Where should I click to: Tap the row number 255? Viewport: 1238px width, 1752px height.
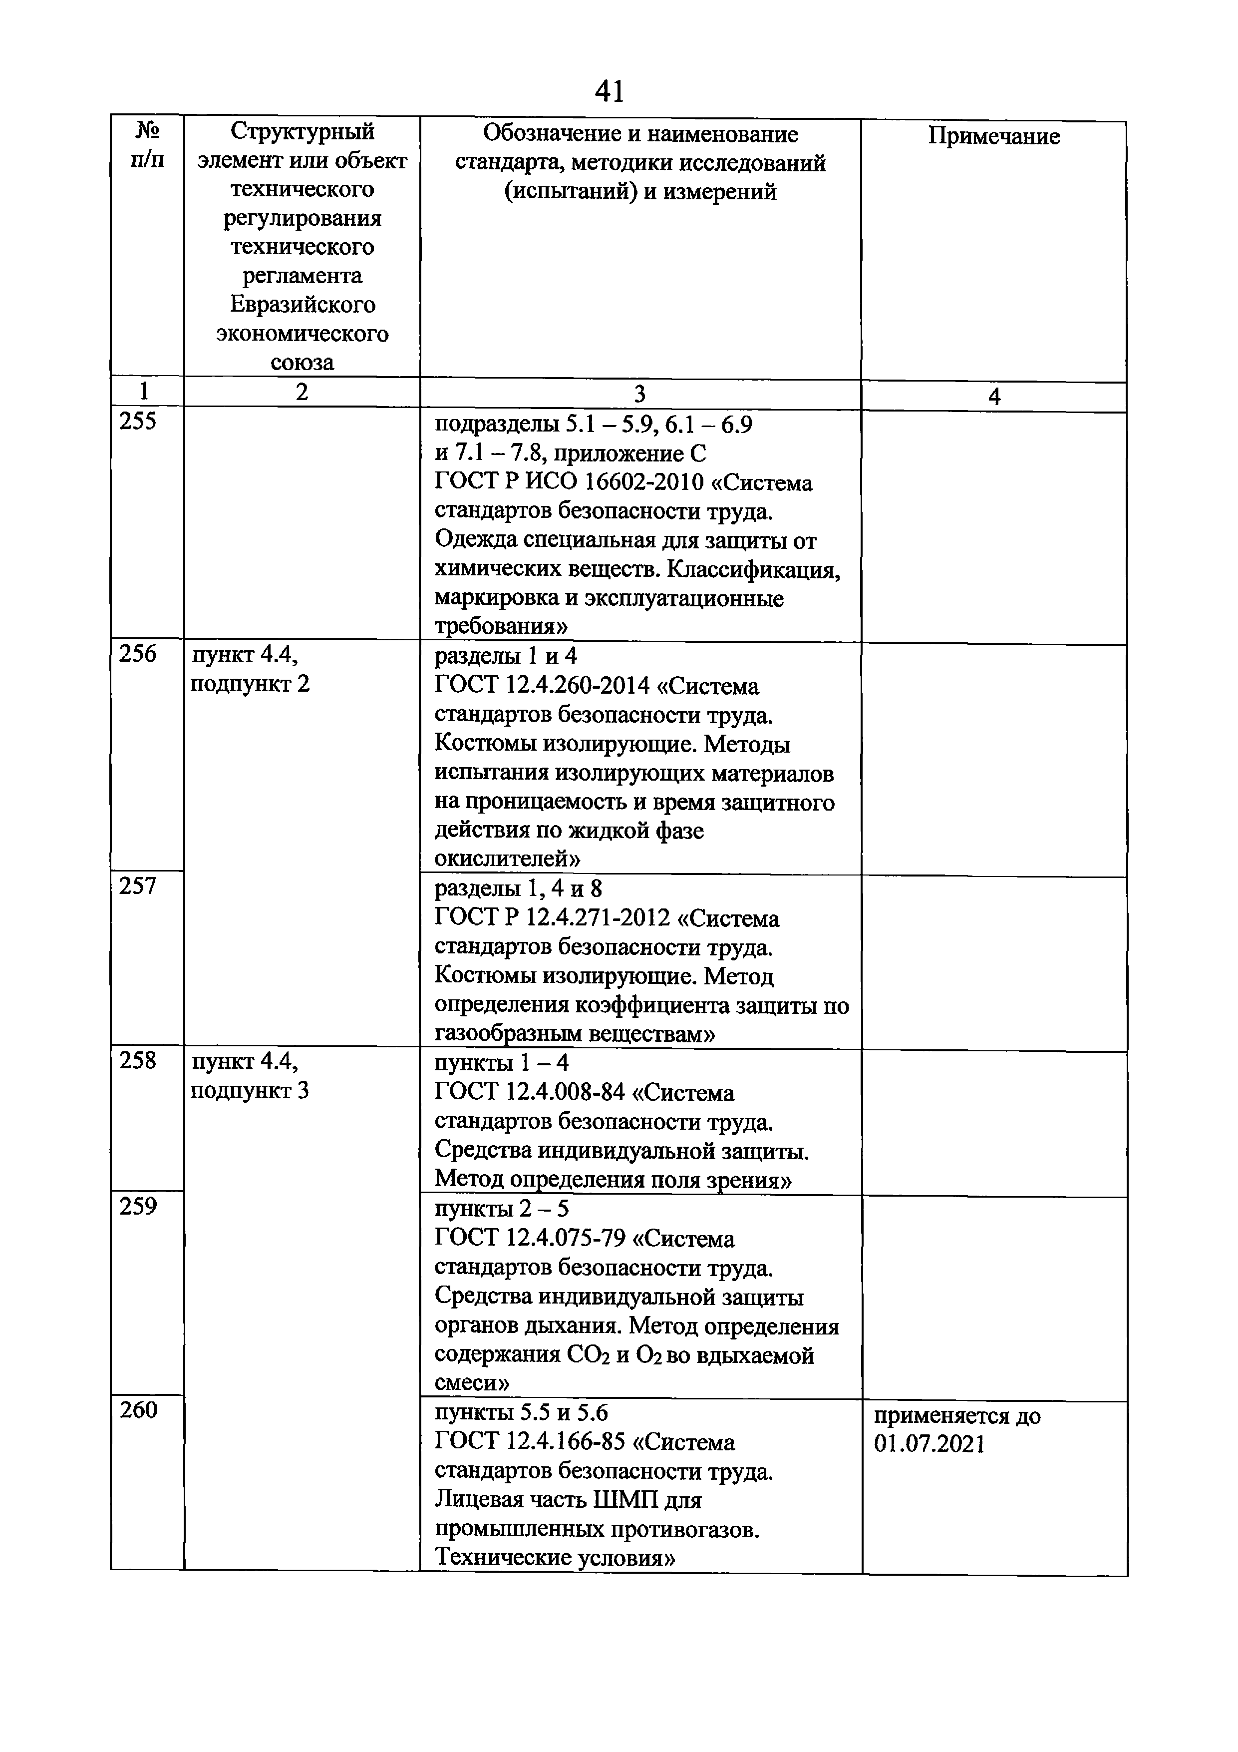coord(138,421)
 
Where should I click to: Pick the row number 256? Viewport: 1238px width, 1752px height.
coord(138,653)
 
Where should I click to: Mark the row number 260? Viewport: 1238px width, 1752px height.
coord(138,1409)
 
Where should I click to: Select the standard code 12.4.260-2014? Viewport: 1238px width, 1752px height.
coord(578,686)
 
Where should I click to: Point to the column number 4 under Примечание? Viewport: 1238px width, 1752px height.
coord(993,396)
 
